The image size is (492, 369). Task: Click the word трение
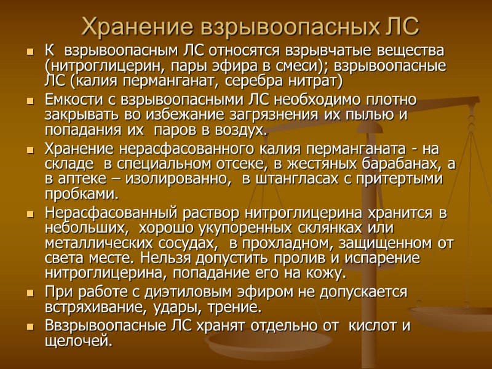237,307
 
